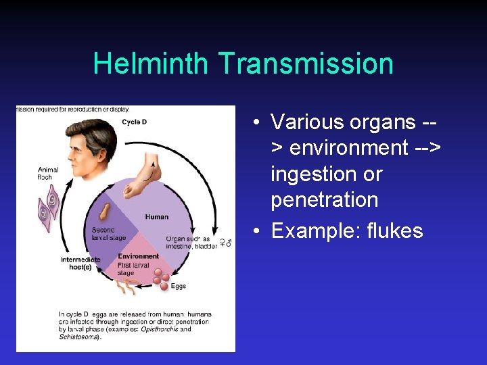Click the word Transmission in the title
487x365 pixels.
click(x=305, y=64)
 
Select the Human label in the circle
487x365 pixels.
click(x=156, y=217)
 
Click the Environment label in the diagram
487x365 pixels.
click(x=138, y=256)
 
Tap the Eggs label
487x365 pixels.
click(x=178, y=287)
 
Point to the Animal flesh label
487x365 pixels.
click(x=48, y=173)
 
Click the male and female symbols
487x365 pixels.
click(x=228, y=241)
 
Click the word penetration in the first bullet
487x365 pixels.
click(x=324, y=200)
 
